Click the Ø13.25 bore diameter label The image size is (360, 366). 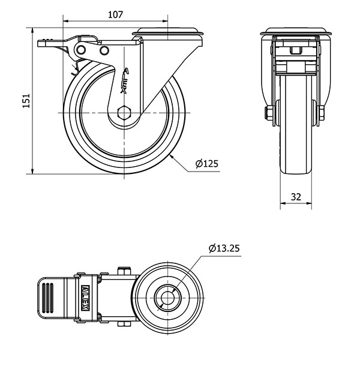224,247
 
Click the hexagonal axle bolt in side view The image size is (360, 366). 125,113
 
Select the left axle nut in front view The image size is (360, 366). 269,112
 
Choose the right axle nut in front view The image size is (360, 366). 322,112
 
